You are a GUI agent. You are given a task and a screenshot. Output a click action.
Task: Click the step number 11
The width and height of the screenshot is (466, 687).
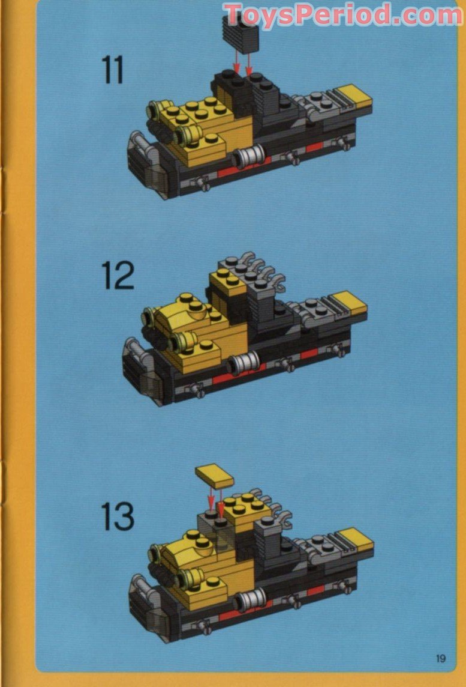[113, 71]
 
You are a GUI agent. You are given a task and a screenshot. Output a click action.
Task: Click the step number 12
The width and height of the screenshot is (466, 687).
[118, 276]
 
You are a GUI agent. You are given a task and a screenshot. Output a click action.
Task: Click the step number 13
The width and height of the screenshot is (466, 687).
[117, 516]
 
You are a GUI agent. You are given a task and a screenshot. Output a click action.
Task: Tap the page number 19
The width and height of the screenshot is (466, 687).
[441, 658]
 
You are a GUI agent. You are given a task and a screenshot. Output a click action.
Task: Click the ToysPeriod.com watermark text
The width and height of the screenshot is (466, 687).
[342, 15]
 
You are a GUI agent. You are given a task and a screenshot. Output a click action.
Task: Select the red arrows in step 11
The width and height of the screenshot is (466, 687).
[242, 60]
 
